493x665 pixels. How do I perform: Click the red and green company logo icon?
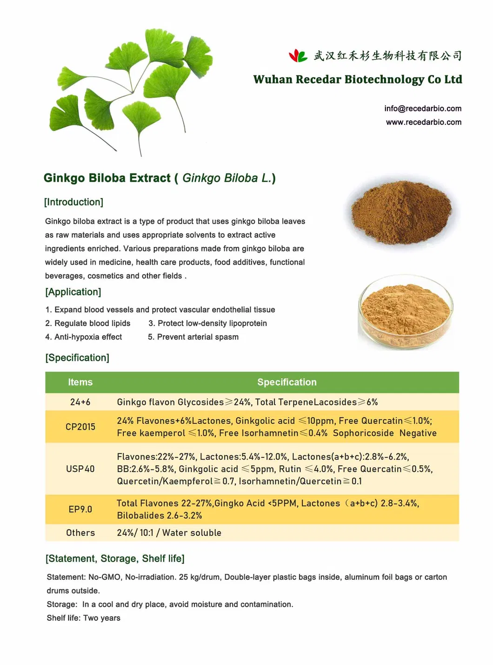click(298, 56)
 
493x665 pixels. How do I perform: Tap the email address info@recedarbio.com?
click(423, 109)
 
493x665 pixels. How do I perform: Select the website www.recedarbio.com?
click(423, 122)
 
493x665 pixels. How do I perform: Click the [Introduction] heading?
click(73, 202)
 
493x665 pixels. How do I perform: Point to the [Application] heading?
click(73, 292)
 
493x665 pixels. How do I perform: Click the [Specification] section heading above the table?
click(77, 358)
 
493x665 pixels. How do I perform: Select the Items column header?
click(80, 382)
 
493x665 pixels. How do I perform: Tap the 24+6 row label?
click(80, 402)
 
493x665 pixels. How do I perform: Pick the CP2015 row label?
click(80, 427)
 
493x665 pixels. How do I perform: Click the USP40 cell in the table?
click(80, 469)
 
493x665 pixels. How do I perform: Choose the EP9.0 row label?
click(80, 509)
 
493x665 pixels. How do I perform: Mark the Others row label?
click(80, 533)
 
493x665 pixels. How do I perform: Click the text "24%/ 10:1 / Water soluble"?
click(169, 533)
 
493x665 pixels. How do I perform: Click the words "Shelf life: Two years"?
click(83, 618)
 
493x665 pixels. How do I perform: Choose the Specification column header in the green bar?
click(286, 382)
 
